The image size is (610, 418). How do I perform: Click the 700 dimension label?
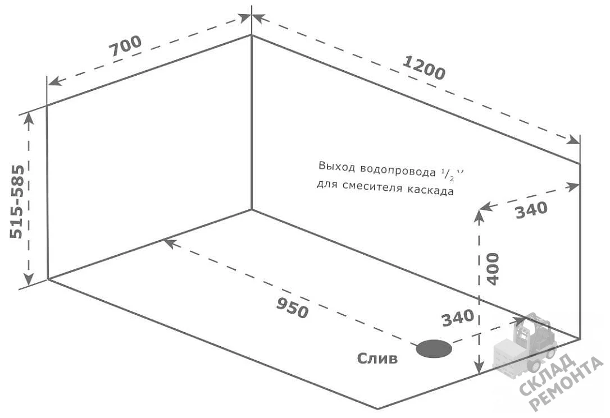click(x=125, y=46)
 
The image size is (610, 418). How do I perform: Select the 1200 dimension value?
click(x=424, y=68)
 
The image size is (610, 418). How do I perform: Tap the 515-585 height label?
click(x=17, y=201)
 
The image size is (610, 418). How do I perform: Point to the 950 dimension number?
click(x=293, y=307)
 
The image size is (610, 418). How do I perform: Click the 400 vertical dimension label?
click(x=493, y=269)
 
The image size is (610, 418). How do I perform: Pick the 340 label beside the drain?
click(x=458, y=318)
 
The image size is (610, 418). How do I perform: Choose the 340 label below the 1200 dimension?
click(x=531, y=210)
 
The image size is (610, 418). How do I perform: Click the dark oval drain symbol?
click(x=434, y=348)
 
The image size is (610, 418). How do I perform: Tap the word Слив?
click(x=377, y=358)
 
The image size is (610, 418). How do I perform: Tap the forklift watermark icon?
click(x=525, y=346)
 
